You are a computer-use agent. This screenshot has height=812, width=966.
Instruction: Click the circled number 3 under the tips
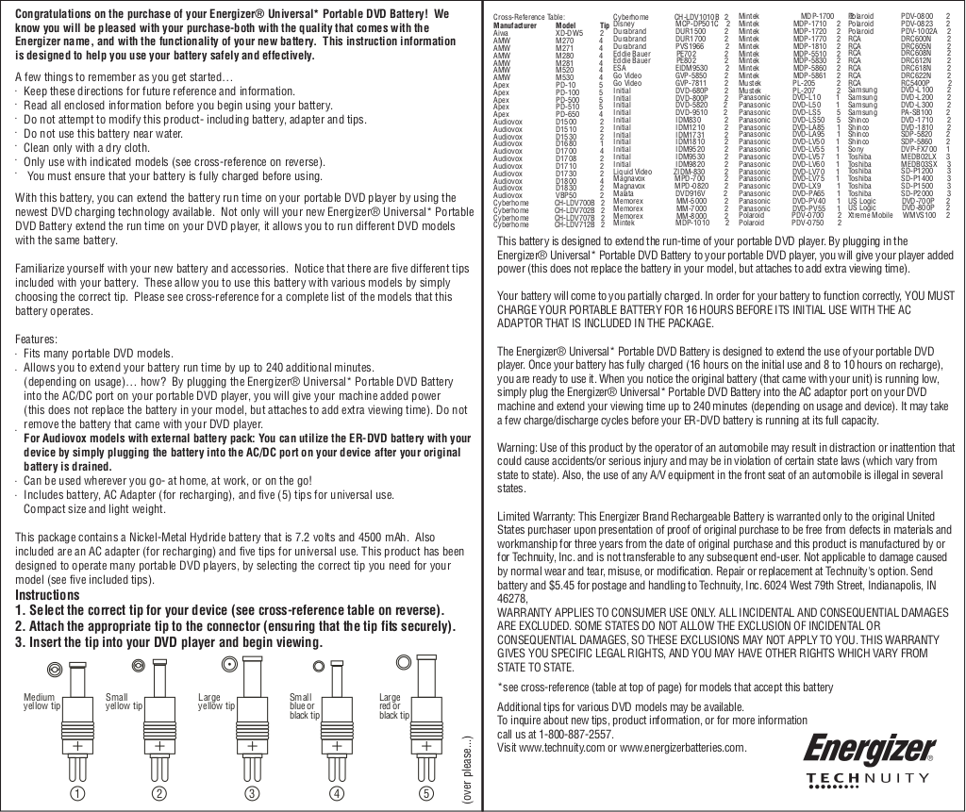click(253, 793)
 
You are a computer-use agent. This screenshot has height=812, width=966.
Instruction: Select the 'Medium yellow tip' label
click(41, 702)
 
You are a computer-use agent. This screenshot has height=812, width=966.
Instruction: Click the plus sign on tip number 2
click(159, 747)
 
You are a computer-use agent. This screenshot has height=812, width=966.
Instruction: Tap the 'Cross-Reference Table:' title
click(529, 17)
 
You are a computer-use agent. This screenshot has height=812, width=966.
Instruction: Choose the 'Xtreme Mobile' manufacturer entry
click(869, 215)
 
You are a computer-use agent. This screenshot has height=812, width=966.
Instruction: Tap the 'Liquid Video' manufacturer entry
click(632, 172)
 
